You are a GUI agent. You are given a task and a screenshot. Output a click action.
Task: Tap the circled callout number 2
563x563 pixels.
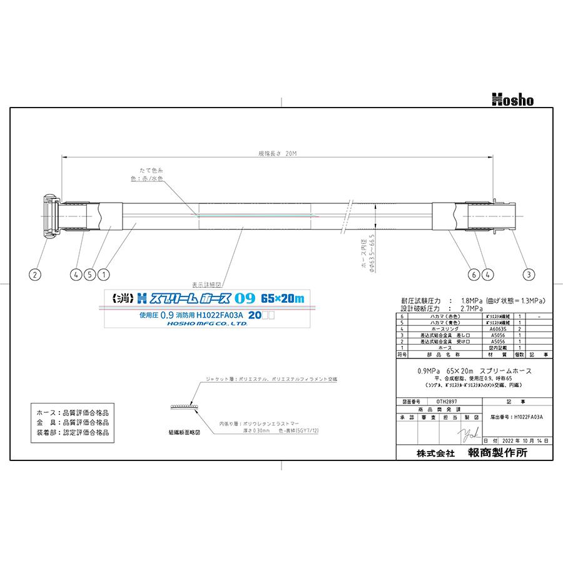click(x=36, y=273)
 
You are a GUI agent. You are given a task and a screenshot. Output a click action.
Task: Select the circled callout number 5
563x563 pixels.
click(x=91, y=273)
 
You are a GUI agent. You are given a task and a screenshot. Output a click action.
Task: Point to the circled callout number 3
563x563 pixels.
click(x=529, y=273)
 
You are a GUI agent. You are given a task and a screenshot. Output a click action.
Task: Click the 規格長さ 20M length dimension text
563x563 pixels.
click(x=276, y=153)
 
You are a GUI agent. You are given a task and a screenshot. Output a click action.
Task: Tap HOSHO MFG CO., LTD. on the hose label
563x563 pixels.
click(x=207, y=324)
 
